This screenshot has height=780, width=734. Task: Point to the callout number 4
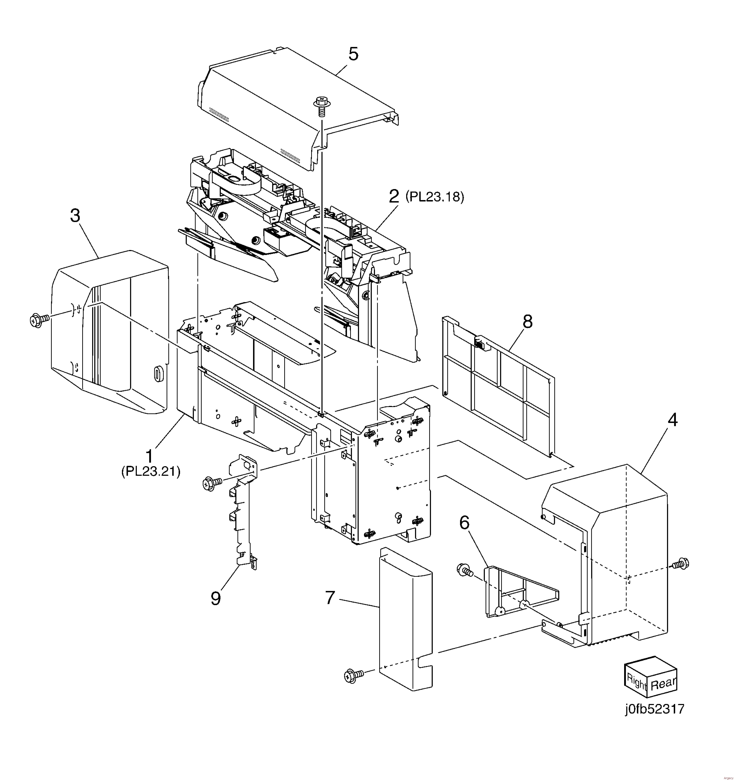pyautogui.click(x=672, y=420)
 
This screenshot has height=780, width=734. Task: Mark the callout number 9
pyautogui.click(x=215, y=599)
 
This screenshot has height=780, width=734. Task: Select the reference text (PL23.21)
pyautogui.click(x=151, y=471)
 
